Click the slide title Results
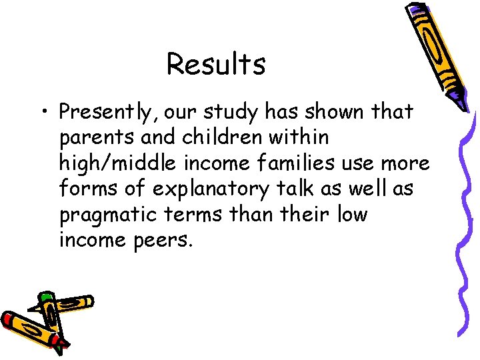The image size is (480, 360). (216, 65)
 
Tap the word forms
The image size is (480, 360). (87, 189)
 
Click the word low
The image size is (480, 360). (352, 215)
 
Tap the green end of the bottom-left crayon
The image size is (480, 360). (46, 296)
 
